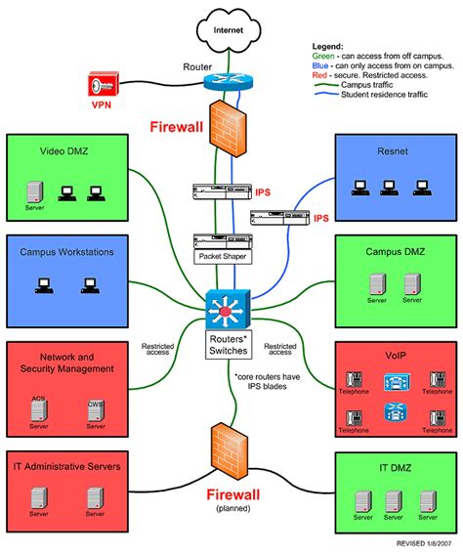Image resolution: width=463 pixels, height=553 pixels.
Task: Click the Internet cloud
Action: pyautogui.click(x=231, y=32)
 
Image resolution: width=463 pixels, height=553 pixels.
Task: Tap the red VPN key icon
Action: pyautogui.click(x=102, y=83)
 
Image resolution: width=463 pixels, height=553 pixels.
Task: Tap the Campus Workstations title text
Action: pyautogui.click(x=67, y=252)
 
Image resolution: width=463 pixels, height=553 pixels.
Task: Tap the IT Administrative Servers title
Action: pyautogui.click(x=67, y=467)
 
